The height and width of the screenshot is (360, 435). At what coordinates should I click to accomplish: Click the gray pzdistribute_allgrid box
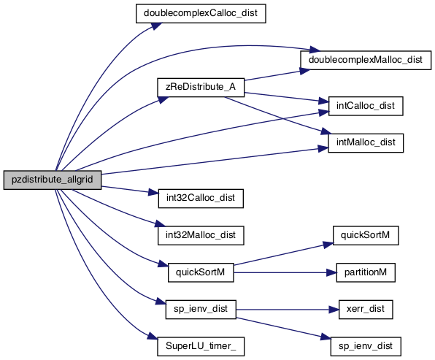(53, 180)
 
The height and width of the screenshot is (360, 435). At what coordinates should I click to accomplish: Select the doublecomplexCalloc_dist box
(201, 13)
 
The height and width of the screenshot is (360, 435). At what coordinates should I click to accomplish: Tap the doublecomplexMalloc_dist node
(366, 60)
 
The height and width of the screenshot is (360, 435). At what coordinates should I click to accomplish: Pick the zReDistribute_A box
(201, 88)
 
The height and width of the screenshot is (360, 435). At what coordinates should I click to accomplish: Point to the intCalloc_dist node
(366, 106)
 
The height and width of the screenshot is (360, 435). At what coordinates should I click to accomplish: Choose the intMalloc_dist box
(366, 143)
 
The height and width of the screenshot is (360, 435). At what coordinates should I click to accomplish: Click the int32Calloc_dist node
(201, 199)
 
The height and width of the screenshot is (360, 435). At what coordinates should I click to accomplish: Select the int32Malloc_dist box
(201, 235)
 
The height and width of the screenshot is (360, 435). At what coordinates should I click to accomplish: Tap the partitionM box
(366, 272)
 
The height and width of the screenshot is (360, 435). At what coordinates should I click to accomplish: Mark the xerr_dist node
(366, 310)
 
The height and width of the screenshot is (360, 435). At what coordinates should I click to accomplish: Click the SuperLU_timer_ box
(201, 346)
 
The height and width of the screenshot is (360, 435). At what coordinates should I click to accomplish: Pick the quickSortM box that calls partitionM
(201, 272)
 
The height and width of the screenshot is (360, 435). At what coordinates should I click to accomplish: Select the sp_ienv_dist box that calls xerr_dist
(201, 310)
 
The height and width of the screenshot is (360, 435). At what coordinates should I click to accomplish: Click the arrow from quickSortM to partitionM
(285, 272)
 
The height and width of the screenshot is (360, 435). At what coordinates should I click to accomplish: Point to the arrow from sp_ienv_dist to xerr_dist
(288, 310)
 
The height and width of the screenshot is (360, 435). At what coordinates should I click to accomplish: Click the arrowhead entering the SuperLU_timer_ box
(153, 337)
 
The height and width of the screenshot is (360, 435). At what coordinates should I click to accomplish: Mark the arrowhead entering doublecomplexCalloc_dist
(157, 26)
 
